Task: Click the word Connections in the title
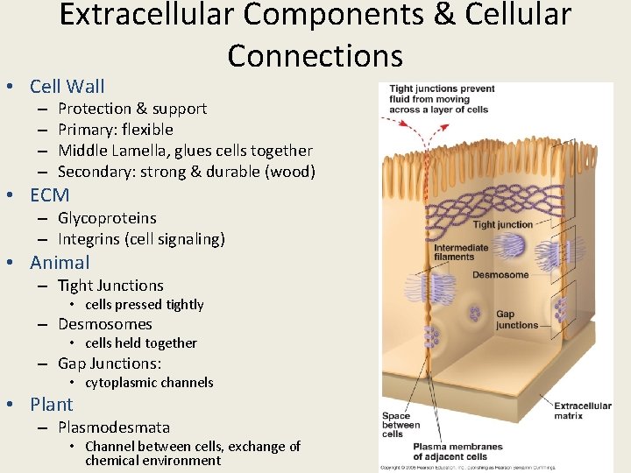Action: (x=315, y=55)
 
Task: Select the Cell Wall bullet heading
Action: (x=67, y=86)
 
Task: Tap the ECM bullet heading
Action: (x=49, y=195)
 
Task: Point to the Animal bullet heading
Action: (x=60, y=263)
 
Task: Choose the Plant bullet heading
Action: (x=52, y=405)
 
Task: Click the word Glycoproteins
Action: (x=107, y=218)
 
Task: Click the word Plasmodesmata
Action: (x=114, y=427)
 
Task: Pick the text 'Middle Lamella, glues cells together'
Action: (x=185, y=151)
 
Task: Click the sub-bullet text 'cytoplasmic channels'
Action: (x=149, y=383)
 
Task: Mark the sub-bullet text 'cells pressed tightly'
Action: (x=144, y=305)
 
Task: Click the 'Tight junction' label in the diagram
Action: (x=502, y=225)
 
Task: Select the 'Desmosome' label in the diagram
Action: (x=500, y=275)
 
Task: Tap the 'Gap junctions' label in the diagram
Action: (x=517, y=320)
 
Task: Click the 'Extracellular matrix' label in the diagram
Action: (x=582, y=411)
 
